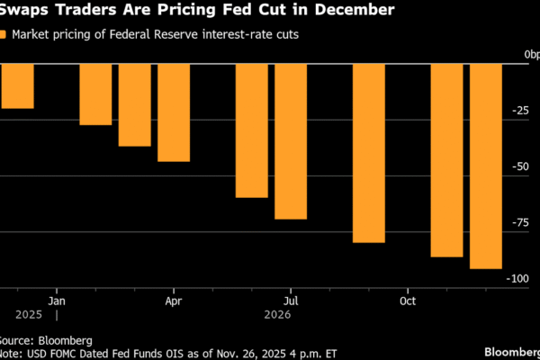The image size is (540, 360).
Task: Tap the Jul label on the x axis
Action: (x=291, y=300)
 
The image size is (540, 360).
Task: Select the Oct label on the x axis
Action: (x=409, y=300)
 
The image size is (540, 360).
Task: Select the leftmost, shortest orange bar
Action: (x=17, y=85)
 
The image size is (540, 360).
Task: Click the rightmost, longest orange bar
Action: (x=486, y=166)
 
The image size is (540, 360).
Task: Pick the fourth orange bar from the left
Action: (x=174, y=112)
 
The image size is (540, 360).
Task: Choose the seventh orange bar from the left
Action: (x=369, y=153)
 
